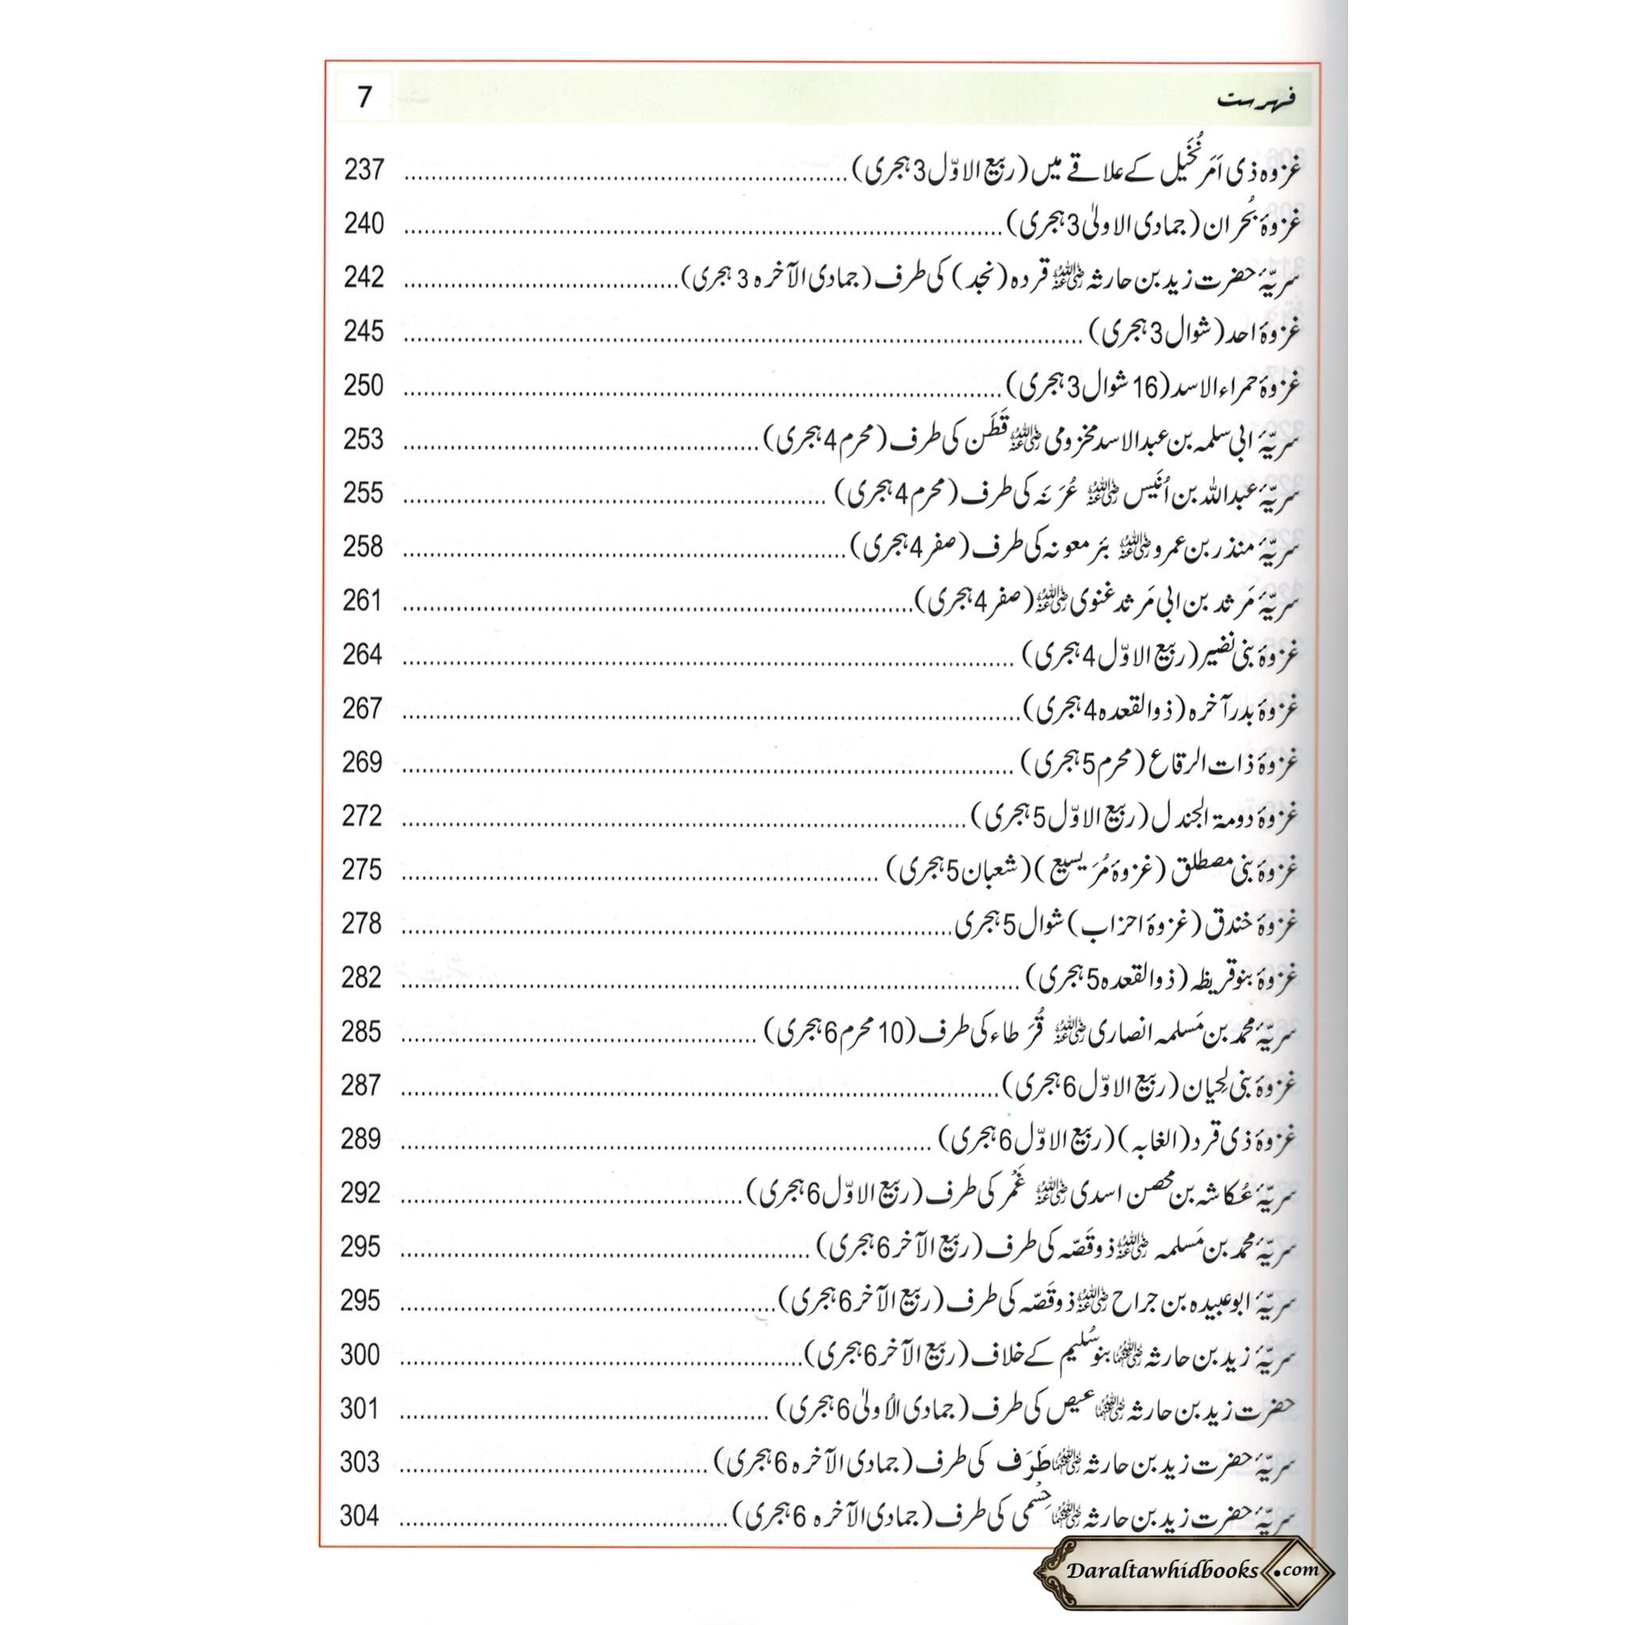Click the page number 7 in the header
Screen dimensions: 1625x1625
coord(363,98)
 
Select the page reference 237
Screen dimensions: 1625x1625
coord(363,170)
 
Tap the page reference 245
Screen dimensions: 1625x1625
coord(363,332)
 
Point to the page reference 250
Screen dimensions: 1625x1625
coord(363,385)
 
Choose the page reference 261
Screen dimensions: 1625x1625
coord(363,601)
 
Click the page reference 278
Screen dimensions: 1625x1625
coord(362,924)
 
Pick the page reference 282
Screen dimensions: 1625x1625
coord(362,978)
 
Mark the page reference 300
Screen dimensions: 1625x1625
coord(360,1354)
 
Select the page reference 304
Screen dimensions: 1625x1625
coord(360,1516)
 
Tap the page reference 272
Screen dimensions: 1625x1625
coord(363,816)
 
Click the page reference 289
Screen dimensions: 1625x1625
coord(361,1139)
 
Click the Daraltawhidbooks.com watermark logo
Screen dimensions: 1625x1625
coord(1183,1569)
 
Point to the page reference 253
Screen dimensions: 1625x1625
coord(363,439)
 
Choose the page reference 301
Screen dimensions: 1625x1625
coord(360,1408)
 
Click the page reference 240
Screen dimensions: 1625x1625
coord(363,224)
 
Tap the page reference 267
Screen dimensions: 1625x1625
coord(363,709)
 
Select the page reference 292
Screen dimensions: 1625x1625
coord(361,1193)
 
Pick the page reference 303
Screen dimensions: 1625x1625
coord(360,1462)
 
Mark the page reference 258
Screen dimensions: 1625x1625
coord(363,547)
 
